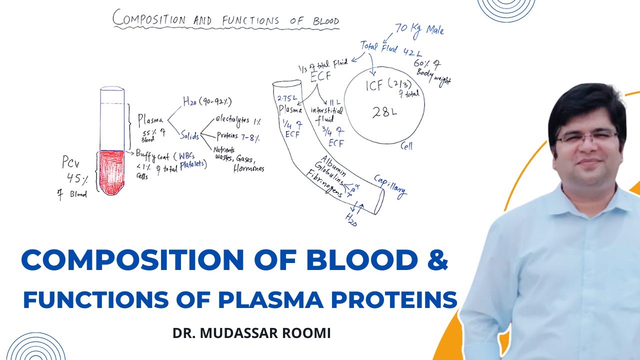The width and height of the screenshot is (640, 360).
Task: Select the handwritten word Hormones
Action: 248,168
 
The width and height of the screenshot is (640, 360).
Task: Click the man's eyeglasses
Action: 586,136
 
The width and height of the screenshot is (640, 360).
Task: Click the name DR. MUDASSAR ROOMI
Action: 251,333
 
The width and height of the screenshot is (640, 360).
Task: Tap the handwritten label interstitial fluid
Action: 326,115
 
